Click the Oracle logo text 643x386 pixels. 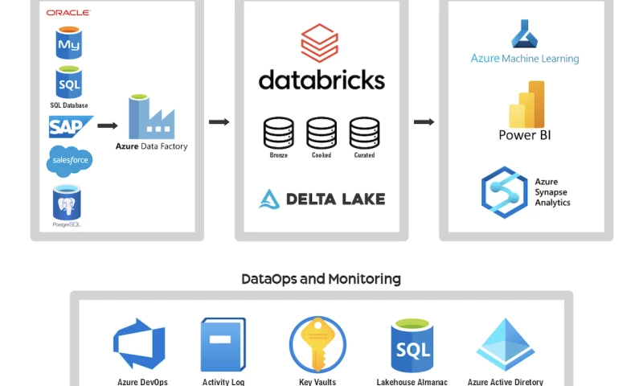[x=68, y=13]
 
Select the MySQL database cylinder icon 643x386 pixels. [x=68, y=43]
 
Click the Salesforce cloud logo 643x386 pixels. [x=69, y=160]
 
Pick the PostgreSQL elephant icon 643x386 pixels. [x=67, y=202]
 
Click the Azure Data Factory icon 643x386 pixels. [x=151, y=117]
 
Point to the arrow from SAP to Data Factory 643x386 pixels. [x=108, y=125]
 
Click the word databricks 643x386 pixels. [x=321, y=79]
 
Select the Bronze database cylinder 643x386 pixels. [x=279, y=133]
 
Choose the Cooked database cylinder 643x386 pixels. [x=321, y=133]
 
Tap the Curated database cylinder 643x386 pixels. [x=364, y=133]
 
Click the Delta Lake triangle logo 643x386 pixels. [x=268, y=199]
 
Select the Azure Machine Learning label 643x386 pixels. [x=524, y=59]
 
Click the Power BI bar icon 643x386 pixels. [x=526, y=104]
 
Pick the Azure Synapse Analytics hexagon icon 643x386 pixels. [x=504, y=192]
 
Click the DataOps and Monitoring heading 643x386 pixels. [x=321, y=279]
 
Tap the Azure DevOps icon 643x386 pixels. [x=139, y=343]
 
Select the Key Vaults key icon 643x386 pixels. [x=317, y=345]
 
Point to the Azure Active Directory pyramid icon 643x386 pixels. [x=505, y=344]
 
